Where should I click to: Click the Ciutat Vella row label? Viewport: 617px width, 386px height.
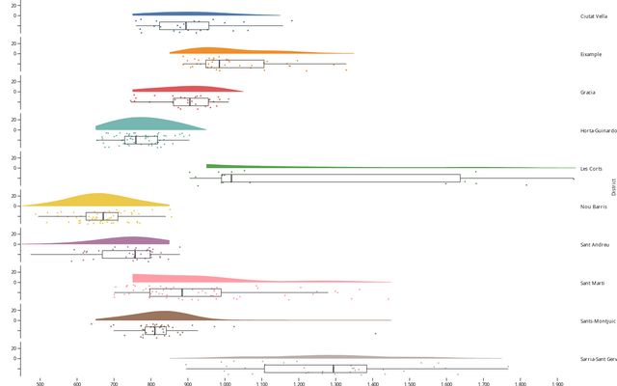(x=593, y=15)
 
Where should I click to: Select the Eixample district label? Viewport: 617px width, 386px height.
(x=591, y=54)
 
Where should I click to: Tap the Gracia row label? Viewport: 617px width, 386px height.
(x=587, y=92)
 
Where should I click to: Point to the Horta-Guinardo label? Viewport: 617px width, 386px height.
(x=598, y=130)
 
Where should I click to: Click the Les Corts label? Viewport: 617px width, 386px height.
(x=590, y=168)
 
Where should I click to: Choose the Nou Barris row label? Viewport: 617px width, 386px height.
(x=592, y=207)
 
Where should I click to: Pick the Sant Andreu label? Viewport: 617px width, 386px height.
(x=592, y=244)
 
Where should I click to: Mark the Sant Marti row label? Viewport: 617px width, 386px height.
(x=591, y=283)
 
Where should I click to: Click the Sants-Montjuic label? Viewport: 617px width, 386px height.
(x=598, y=320)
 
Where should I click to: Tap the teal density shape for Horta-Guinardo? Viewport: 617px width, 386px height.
(x=145, y=124)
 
